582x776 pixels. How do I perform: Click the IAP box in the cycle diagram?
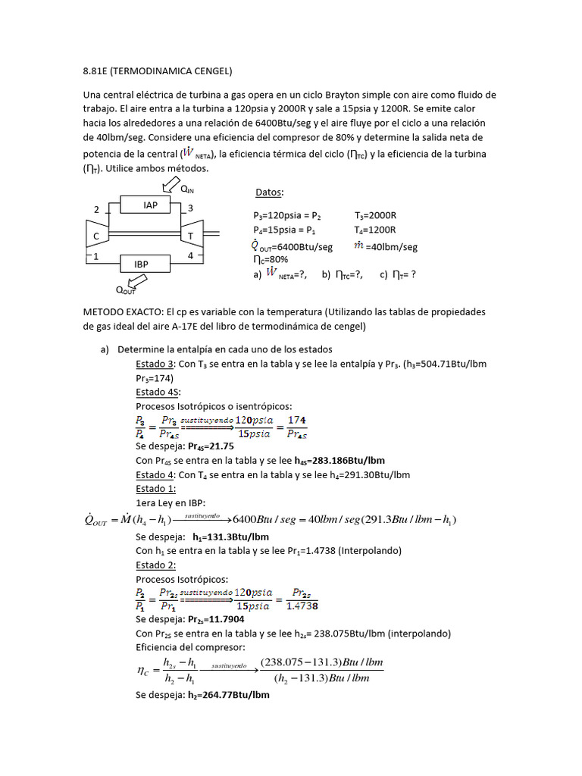click(150, 205)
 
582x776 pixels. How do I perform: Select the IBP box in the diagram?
click(141, 264)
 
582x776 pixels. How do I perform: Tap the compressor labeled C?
click(96, 236)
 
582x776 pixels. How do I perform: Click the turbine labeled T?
click(191, 236)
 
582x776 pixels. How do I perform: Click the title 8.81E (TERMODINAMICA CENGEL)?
click(157, 72)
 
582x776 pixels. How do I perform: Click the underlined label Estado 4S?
click(158, 392)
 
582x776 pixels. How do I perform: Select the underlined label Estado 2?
click(156, 565)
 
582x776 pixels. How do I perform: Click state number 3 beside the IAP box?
click(190, 208)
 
